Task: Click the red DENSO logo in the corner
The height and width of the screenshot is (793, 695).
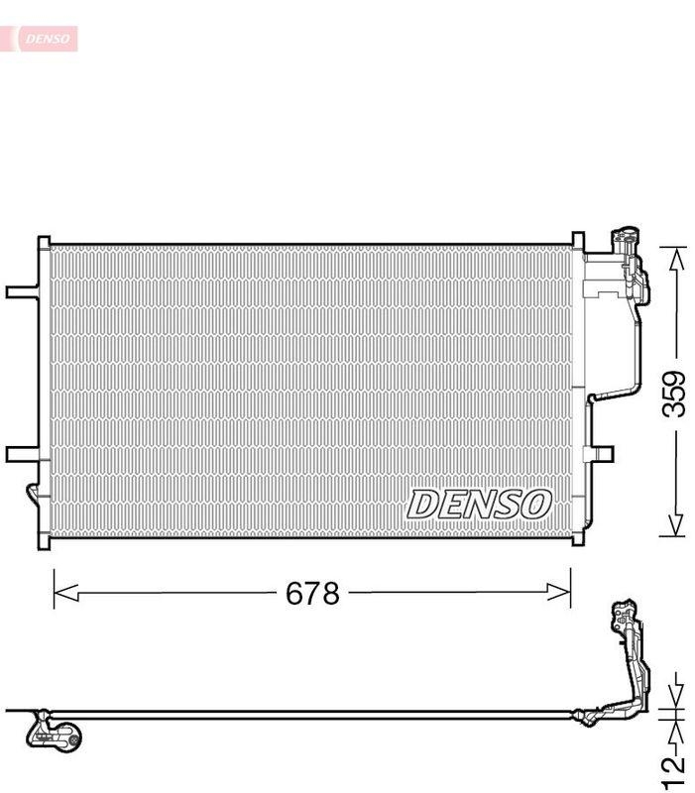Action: click(x=40, y=39)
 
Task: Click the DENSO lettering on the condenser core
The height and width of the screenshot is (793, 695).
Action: click(x=478, y=504)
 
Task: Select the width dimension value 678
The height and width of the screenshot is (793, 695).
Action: click(x=312, y=594)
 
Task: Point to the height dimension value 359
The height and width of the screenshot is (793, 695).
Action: click(x=674, y=394)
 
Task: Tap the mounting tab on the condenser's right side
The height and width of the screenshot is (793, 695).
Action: click(x=600, y=454)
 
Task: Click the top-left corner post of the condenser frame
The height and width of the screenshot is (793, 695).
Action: click(x=44, y=244)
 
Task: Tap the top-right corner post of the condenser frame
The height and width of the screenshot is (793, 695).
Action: click(x=578, y=242)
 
